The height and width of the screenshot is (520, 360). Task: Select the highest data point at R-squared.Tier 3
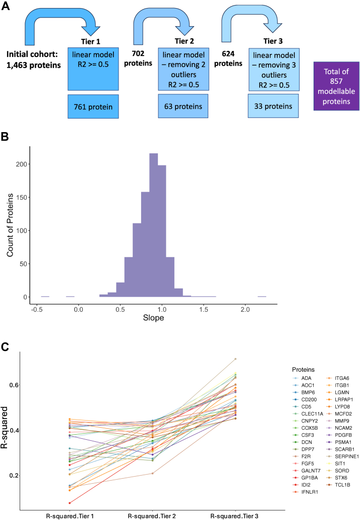click(235, 359)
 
